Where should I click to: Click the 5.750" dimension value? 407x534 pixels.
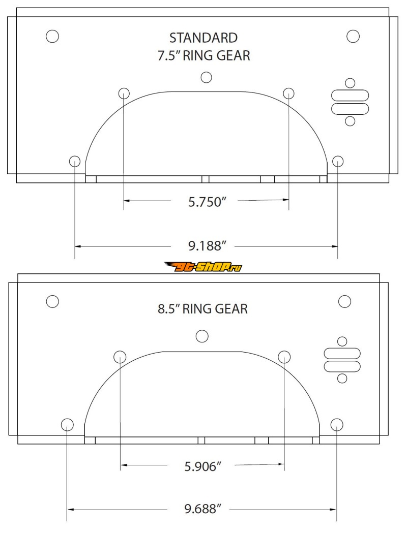pos(207,202)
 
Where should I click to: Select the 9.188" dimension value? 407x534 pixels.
pos(207,245)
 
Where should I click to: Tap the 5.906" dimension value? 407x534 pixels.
pos(203,466)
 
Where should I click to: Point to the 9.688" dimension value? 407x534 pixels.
pos(203,509)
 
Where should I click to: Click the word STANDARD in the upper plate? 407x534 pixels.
pos(203,38)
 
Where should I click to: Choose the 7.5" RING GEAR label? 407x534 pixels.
pos(203,55)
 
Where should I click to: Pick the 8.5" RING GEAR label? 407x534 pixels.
pos(202,309)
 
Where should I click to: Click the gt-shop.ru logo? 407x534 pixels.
pos(203,267)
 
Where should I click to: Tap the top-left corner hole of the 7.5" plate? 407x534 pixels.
pos(52,36)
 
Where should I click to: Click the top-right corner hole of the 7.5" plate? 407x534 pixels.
pos(353,36)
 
